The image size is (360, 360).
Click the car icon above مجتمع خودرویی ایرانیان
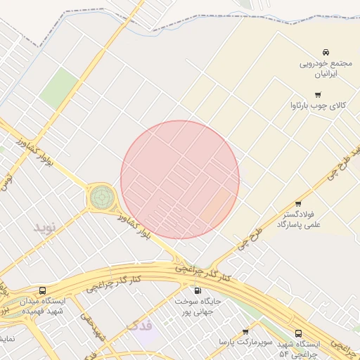point(326,53)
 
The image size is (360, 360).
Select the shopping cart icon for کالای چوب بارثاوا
point(318,95)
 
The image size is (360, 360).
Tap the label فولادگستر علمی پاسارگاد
point(299,218)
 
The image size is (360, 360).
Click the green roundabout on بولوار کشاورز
point(102,198)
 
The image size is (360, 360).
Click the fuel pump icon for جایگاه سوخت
point(197,290)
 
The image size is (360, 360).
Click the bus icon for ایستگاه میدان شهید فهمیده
point(43,290)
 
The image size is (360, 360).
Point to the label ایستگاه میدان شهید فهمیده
point(41,306)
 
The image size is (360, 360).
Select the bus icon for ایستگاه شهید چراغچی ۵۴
point(298,333)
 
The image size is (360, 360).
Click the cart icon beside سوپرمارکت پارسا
point(245,332)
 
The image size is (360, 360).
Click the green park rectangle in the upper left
point(58,87)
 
